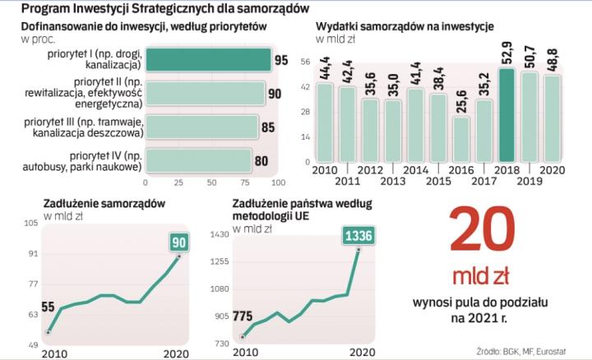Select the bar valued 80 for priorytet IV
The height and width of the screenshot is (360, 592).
[x=197, y=159]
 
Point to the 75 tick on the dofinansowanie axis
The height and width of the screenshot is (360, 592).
[x=244, y=182]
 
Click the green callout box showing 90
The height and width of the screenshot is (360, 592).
[x=180, y=242]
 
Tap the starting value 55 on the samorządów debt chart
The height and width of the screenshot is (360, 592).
[x=48, y=307]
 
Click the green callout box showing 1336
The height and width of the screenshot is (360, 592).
[x=358, y=236]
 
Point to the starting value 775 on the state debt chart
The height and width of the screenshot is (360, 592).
[x=243, y=316]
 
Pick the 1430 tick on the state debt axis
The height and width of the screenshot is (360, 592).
[x=220, y=235]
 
